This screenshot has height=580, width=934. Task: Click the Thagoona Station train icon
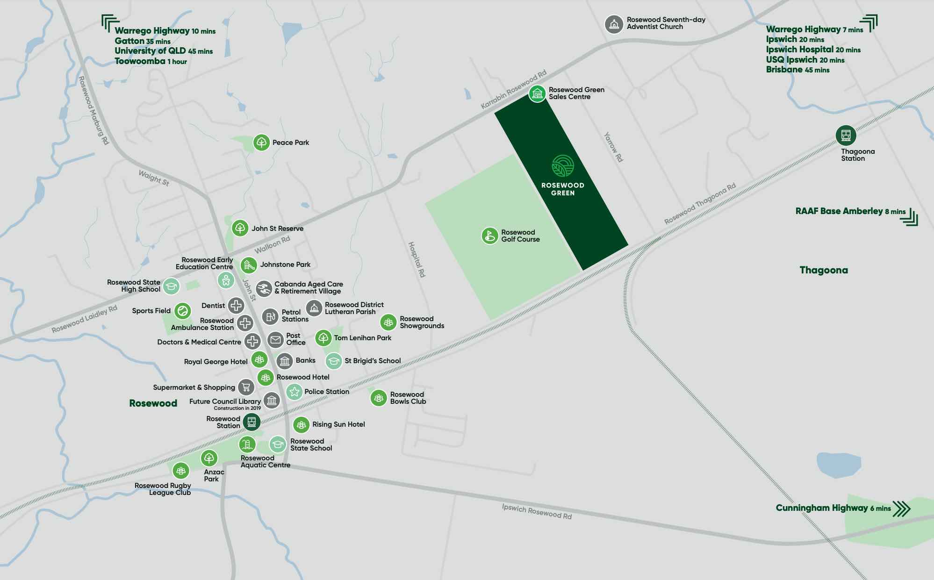click(x=846, y=136)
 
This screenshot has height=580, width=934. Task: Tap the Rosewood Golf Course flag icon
click(x=489, y=236)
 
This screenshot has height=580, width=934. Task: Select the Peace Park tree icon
click(x=261, y=143)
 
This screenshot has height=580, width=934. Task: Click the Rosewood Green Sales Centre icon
click(x=537, y=93)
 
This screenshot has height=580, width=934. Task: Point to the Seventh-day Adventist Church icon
click(x=614, y=24)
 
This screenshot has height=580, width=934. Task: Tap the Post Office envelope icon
click(x=275, y=339)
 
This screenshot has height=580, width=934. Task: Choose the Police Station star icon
click(x=294, y=392)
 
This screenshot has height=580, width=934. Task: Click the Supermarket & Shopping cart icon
click(x=246, y=387)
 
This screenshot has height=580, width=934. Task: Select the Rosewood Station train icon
click(x=251, y=422)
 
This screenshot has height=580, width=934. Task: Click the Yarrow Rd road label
click(x=613, y=147)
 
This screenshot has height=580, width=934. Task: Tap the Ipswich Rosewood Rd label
click(x=537, y=511)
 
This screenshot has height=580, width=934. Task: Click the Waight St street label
click(x=154, y=178)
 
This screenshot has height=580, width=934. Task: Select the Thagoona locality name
click(x=823, y=270)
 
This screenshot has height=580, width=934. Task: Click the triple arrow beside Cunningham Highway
click(x=902, y=508)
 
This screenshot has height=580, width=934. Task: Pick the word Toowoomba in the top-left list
click(x=140, y=61)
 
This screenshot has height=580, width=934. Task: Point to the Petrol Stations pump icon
click(x=270, y=317)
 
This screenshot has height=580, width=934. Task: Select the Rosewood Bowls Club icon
click(x=378, y=398)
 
